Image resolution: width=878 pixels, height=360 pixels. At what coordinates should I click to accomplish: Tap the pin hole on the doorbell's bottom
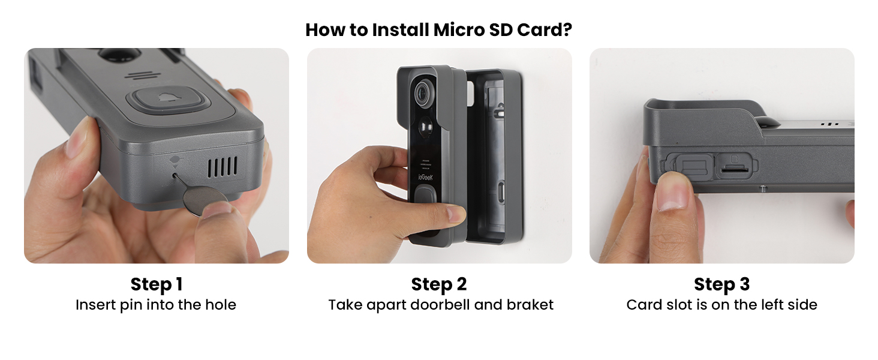click(175, 176)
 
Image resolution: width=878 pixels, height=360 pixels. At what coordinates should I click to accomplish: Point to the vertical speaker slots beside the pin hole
click(222, 166)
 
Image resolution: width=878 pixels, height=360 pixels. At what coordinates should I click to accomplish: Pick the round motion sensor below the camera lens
click(426, 128)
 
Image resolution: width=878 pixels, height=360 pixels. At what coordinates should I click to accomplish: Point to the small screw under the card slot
click(763, 188)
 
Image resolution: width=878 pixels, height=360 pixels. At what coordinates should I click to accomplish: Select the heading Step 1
click(156, 284)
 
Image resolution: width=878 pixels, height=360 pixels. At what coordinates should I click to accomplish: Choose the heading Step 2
click(439, 284)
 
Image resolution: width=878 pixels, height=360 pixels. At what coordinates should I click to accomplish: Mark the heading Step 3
click(721, 284)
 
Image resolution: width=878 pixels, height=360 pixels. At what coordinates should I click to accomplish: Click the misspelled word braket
click(530, 305)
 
